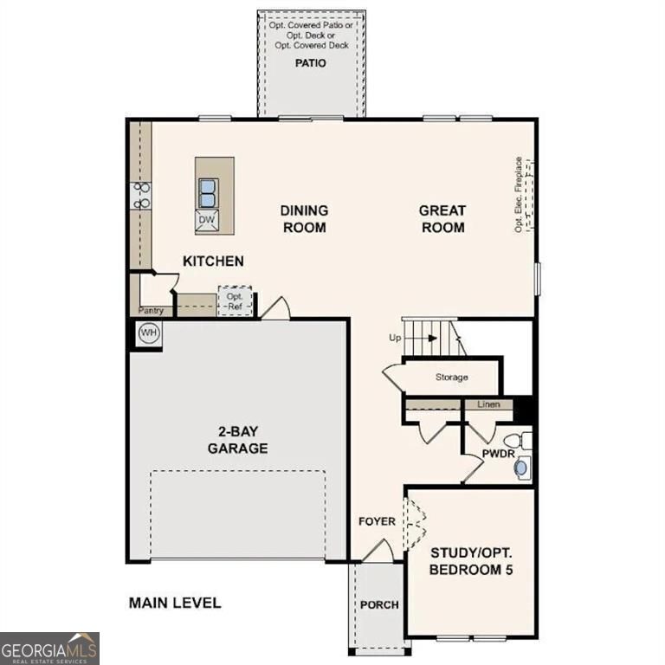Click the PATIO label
(x=311, y=63)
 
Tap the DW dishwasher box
(x=206, y=220)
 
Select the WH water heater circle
(x=149, y=333)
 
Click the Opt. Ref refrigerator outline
(x=235, y=300)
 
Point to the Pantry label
(x=151, y=310)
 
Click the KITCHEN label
(x=213, y=261)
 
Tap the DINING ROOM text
(x=303, y=219)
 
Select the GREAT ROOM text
(x=442, y=219)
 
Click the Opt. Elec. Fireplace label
(x=519, y=194)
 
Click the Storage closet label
(x=452, y=378)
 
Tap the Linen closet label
(x=488, y=404)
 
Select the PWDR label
(x=499, y=452)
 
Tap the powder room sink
(x=521, y=468)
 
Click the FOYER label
(x=377, y=521)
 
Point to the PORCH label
(x=379, y=604)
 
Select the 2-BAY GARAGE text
(x=237, y=441)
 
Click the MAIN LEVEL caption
(x=175, y=603)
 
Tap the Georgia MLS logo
(x=49, y=648)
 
